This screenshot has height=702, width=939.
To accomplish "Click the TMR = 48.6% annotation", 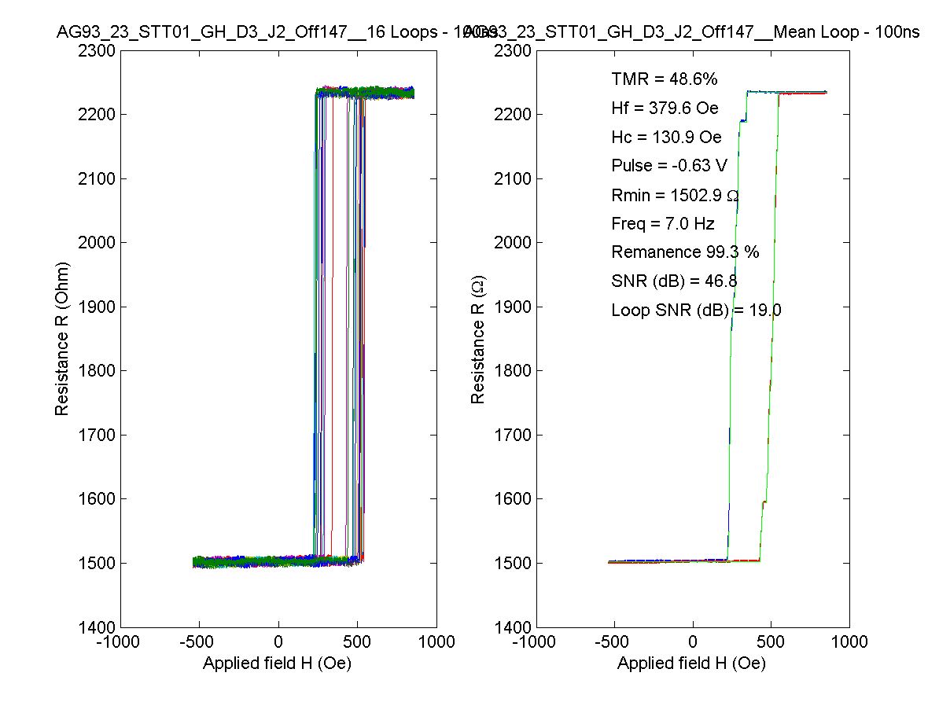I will pos(664,79).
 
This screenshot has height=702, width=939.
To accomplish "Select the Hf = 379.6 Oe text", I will pos(665,108).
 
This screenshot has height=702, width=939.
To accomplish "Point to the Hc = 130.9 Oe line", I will pos(666,138).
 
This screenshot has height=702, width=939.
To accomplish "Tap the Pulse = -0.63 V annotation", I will pos(668,166).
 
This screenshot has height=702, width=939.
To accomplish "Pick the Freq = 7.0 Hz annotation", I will pos(662,224).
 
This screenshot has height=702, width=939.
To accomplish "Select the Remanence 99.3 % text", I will pos(685,252).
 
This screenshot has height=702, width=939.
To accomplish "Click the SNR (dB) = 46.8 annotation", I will pos(674,281).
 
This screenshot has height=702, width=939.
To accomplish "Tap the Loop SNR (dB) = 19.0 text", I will pos(696,311).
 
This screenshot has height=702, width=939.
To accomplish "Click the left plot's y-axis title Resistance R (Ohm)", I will pos(62,339).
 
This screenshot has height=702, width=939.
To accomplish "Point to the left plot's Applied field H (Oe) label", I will pos(277,663).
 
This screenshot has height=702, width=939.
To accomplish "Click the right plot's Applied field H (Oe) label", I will pos(691,663).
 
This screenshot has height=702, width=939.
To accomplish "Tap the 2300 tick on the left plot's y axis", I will pos(98,51).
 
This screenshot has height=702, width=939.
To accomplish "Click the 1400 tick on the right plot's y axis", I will pos(513,627).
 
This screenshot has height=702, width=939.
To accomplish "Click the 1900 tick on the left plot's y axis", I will pos(98,307).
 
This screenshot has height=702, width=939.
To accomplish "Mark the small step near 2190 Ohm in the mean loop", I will pos(742,121).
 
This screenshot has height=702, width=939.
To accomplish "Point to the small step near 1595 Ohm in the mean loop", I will pos(764,502).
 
